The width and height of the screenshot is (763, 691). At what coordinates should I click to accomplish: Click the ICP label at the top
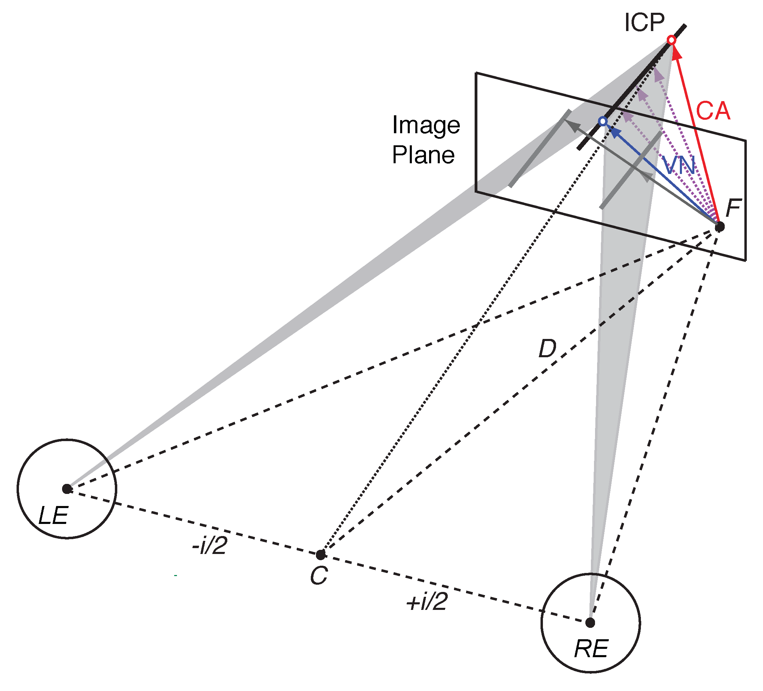644,23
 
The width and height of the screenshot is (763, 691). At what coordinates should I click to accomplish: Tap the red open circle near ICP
671,40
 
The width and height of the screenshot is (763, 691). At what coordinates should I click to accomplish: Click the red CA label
713,111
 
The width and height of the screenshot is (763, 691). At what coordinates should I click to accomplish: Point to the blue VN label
679,165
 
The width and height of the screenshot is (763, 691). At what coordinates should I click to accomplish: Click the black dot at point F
720,227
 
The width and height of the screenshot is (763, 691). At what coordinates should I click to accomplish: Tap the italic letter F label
733,208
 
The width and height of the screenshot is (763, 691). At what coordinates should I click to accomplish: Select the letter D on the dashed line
548,349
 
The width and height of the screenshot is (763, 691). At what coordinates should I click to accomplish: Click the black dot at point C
320,555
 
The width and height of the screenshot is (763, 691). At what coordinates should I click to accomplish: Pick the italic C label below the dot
319,577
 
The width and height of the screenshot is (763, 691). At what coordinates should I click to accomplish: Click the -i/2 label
209,546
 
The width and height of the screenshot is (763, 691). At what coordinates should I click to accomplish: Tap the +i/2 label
427,601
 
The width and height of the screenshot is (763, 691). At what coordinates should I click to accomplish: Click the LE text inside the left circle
53,516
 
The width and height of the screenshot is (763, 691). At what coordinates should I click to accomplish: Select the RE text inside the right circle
591,649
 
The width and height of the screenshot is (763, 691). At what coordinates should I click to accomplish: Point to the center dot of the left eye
67,489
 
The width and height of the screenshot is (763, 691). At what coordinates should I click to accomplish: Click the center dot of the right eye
591,622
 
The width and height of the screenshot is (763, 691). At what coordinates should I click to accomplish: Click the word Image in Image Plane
426,125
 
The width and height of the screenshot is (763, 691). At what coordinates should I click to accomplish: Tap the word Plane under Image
423,155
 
